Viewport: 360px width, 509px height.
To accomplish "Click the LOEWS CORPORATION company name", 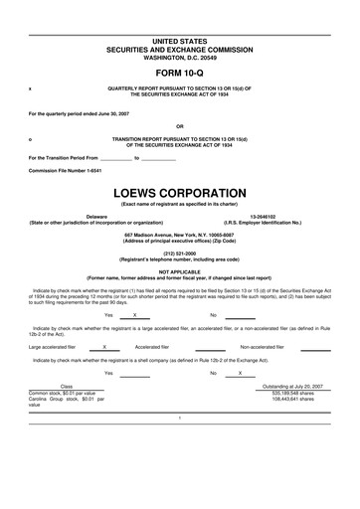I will (x=179, y=191).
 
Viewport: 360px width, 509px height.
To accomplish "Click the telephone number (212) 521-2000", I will (x=179, y=253).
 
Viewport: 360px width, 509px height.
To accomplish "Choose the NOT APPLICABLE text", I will (x=179, y=271).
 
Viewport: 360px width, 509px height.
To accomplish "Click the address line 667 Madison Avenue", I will (x=179, y=234).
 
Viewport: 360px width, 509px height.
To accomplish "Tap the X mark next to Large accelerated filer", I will (x=104, y=347).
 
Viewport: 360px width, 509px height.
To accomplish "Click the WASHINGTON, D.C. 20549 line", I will (x=179, y=57).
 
